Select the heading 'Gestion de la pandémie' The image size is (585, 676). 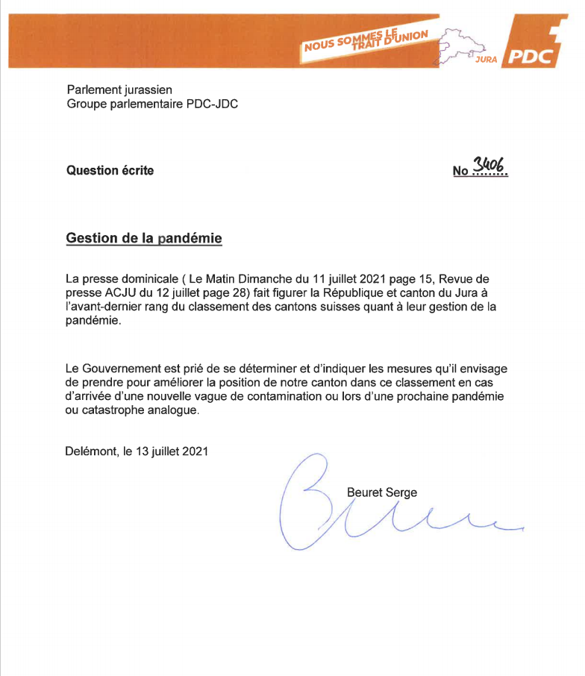(144, 239)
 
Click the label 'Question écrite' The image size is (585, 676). (110, 170)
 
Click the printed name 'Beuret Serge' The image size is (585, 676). (382, 492)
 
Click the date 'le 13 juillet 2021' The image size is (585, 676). (165, 451)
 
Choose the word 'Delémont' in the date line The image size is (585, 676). (92, 451)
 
